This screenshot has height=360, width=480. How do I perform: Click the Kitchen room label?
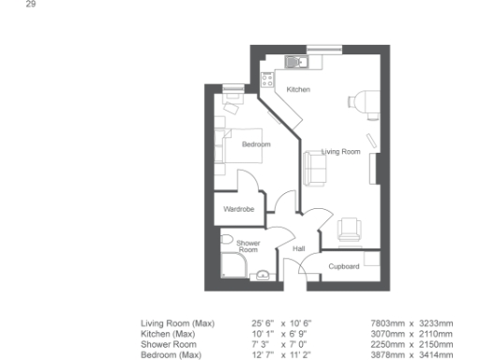coord(298,89)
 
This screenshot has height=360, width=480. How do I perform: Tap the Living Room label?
coord(340,151)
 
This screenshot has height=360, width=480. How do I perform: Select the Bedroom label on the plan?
coord(256,144)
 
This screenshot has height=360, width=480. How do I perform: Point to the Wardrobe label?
coord(238,209)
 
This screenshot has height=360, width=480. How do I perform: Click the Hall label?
coord(299,248)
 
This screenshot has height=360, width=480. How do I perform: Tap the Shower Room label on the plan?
coord(247,247)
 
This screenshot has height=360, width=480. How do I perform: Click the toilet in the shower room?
coord(226,240)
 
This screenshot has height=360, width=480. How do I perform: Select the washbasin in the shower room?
coord(263,275)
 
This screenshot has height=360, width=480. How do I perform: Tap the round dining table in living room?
coord(360,101)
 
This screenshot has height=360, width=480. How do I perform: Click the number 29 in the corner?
coord(30,6)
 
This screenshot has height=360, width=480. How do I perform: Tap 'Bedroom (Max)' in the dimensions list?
coord(171,354)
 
